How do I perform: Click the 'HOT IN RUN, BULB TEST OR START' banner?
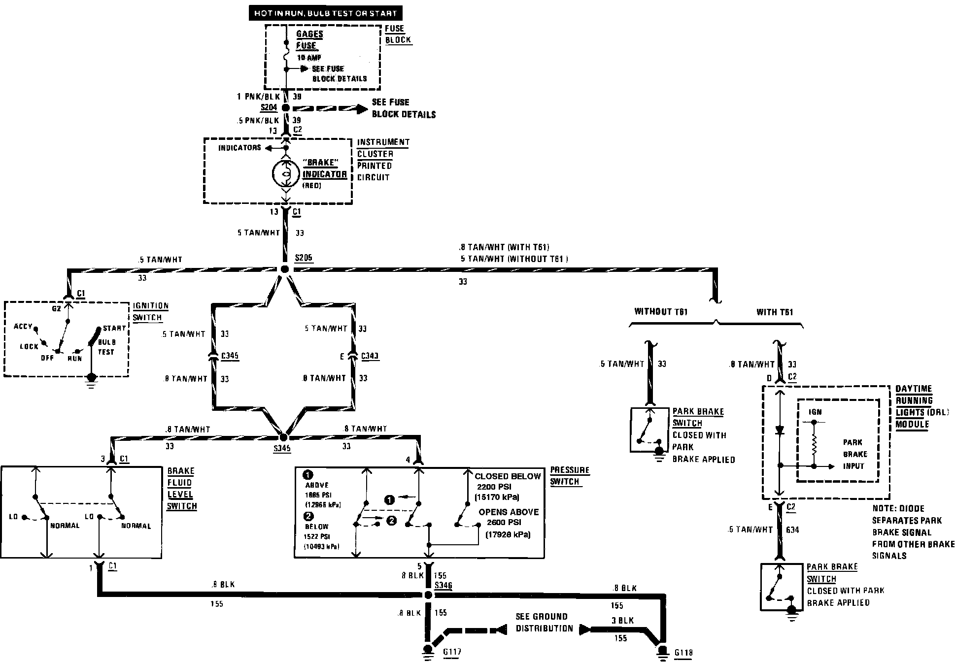click(325, 13)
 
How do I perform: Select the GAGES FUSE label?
click(309, 40)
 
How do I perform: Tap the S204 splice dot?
click(285, 108)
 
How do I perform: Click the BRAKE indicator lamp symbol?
click(285, 173)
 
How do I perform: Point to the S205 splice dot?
click(284, 269)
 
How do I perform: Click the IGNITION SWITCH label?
click(150, 311)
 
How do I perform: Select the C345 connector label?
click(230, 356)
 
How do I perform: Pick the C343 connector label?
click(370, 356)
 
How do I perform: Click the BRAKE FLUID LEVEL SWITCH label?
click(181, 488)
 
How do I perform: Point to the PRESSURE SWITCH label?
click(570, 476)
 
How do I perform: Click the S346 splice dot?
click(428, 595)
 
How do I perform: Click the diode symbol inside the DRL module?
click(779, 430)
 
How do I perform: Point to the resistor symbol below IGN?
click(814, 445)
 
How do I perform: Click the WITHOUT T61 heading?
click(660, 311)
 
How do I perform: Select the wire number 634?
click(792, 530)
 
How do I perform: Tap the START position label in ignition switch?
click(114, 329)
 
